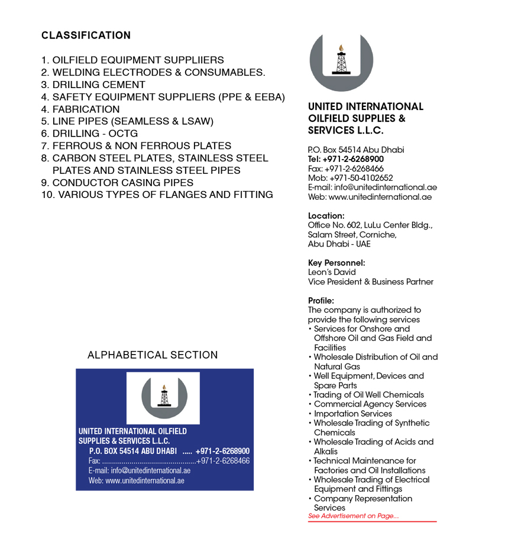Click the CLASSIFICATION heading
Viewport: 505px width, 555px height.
(x=86, y=35)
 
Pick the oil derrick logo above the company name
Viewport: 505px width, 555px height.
(x=341, y=61)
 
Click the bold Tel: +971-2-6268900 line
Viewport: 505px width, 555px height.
(x=345, y=159)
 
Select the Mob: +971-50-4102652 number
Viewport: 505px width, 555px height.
(x=350, y=178)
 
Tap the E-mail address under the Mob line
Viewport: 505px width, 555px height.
(x=372, y=187)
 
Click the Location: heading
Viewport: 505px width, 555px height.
(x=326, y=216)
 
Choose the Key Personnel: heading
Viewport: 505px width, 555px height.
(x=336, y=263)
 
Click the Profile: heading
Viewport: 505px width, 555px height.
(x=321, y=300)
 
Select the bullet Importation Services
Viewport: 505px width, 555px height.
(x=352, y=414)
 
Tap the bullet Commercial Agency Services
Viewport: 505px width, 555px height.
(x=370, y=404)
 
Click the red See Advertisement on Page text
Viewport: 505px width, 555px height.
(x=353, y=516)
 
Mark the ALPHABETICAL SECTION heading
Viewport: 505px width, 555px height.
(x=153, y=355)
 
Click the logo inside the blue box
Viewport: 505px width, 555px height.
(x=164, y=395)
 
